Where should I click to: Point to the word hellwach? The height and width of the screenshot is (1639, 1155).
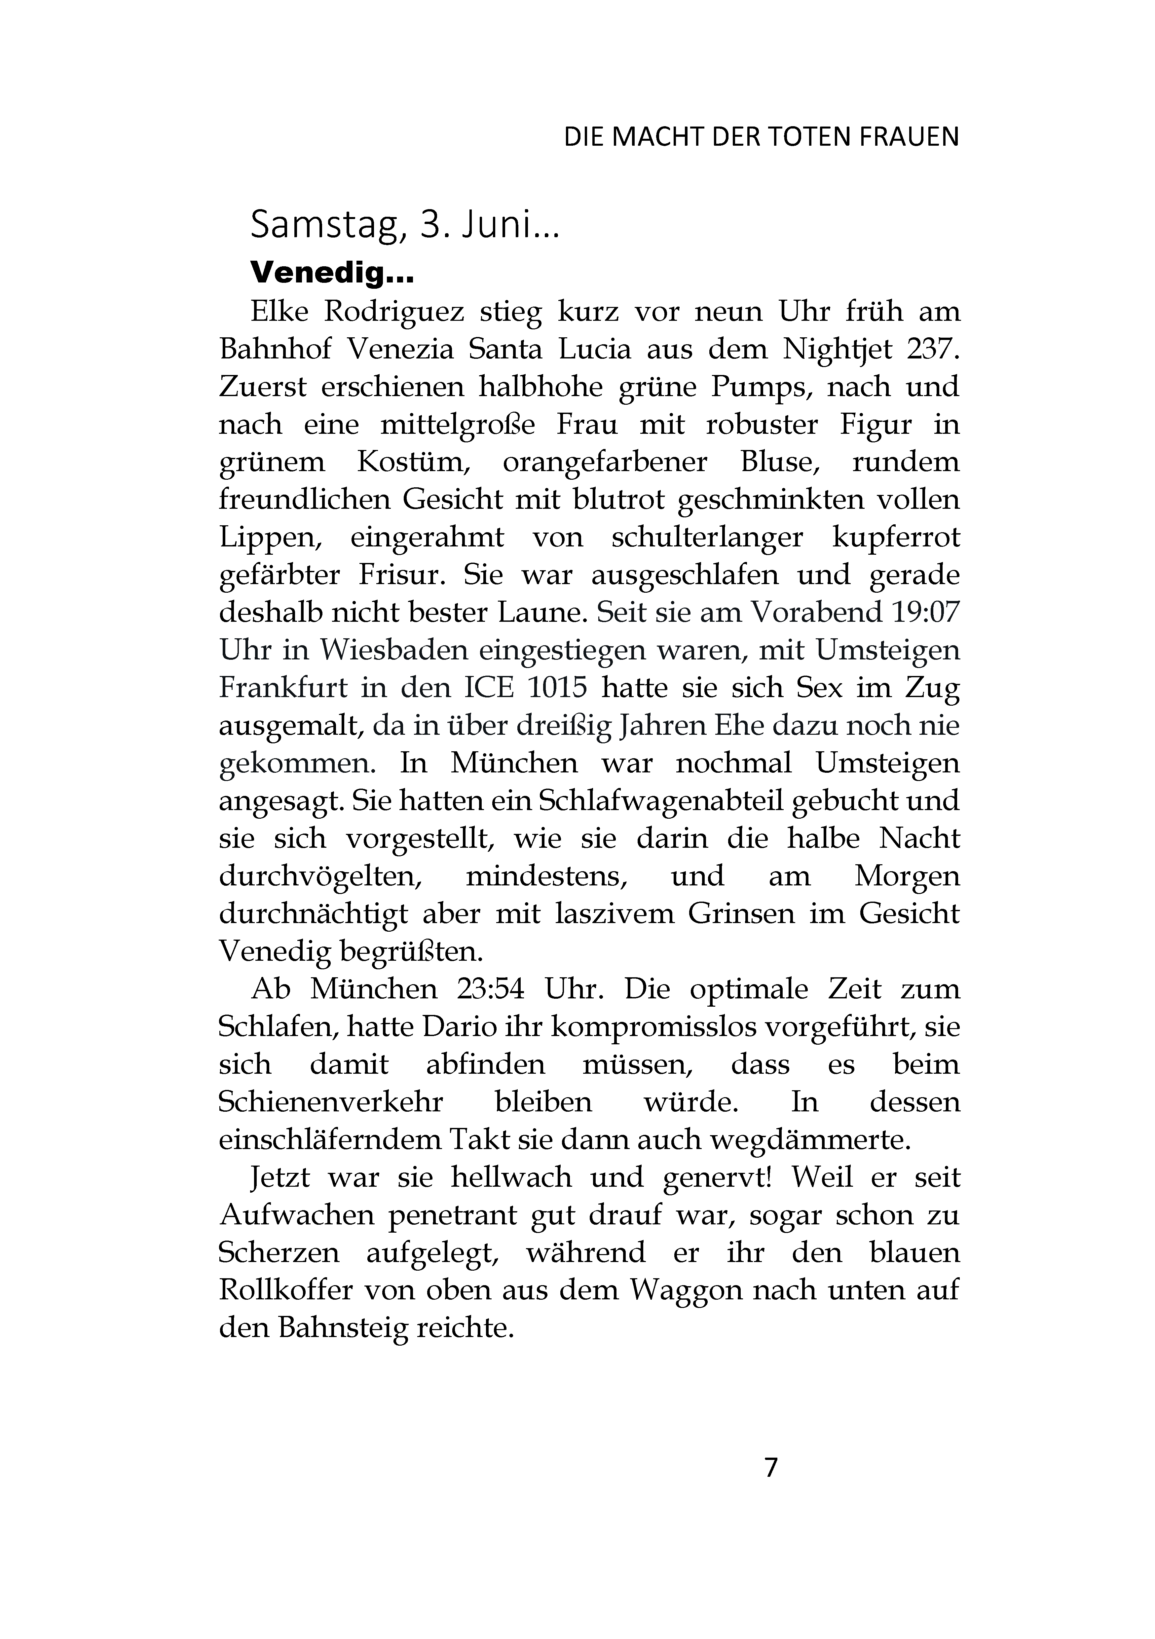[x=511, y=1177]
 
